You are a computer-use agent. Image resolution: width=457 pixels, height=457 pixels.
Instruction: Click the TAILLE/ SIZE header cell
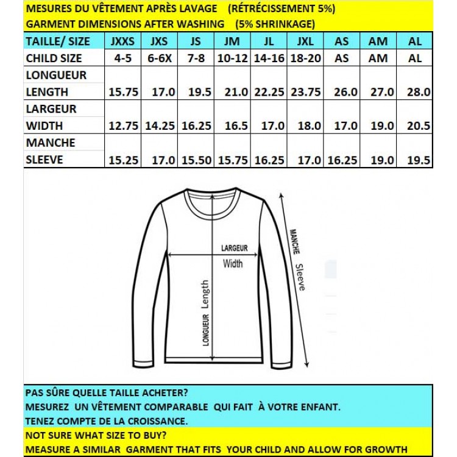(x=58, y=41)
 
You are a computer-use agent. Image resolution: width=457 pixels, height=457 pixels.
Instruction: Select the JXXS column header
(x=124, y=41)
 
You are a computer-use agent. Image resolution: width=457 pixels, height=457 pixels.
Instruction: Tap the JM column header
(x=232, y=41)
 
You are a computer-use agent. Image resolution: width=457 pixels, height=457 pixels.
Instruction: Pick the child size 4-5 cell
(x=124, y=58)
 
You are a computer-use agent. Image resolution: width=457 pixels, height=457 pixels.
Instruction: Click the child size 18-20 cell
(x=305, y=58)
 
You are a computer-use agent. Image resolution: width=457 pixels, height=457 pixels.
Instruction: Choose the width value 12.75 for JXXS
(x=124, y=126)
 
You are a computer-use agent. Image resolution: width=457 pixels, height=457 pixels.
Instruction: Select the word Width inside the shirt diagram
(x=232, y=264)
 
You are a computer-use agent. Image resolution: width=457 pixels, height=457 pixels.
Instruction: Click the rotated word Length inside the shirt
(x=205, y=294)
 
